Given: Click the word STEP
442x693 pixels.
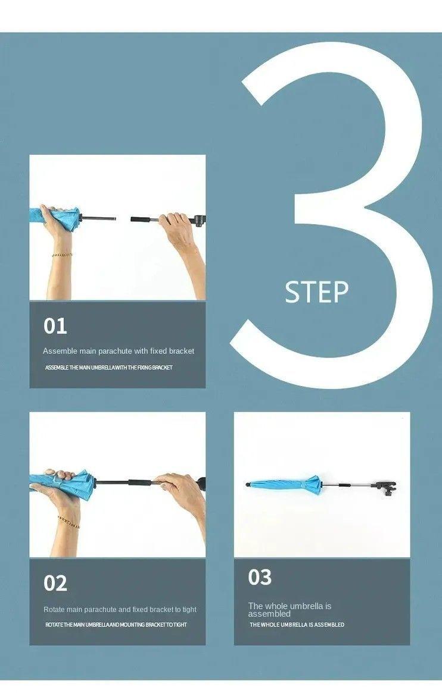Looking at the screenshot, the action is [316, 292].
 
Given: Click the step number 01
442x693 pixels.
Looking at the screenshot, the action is [55, 326].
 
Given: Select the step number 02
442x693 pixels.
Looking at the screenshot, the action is [55, 584].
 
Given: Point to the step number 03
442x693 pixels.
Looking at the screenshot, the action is [260, 577].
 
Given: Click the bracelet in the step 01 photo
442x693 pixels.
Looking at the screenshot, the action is [62, 255].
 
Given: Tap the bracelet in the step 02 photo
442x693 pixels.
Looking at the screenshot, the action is [68, 520].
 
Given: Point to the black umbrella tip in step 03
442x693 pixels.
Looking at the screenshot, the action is [247, 485].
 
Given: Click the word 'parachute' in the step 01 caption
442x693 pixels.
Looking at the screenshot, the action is [115, 351].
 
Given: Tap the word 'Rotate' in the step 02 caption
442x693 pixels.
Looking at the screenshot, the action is [54, 610].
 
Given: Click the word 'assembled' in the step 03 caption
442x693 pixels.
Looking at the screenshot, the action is [269, 614].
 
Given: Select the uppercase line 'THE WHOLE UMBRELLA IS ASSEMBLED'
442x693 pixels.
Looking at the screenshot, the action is [297, 625].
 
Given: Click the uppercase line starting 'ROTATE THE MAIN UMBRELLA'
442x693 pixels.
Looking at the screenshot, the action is [116, 625].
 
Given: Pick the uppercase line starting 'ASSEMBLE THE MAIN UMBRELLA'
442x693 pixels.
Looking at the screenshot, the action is [109, 367].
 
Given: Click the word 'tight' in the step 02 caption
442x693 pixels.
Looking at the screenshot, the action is [189, 610].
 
